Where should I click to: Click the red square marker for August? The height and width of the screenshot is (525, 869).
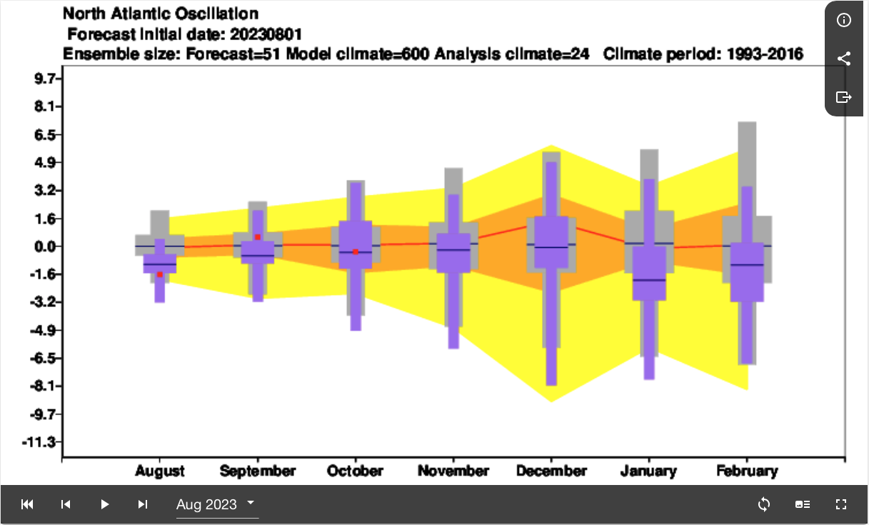(160, 274)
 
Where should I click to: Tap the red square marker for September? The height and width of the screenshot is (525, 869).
(258, 237)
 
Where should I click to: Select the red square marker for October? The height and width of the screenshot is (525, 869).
(356, 252)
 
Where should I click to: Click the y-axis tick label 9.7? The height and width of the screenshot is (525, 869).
(45, 79)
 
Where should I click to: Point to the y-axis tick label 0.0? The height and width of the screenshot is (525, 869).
(45, 246)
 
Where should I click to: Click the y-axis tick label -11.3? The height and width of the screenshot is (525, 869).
(39, 442)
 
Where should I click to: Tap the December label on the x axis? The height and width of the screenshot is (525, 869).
(551, 471)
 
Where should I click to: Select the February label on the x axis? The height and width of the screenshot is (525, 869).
(747, 471)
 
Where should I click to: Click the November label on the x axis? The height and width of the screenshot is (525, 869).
(453, 471)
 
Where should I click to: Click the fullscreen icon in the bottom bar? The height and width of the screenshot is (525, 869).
(841, 504)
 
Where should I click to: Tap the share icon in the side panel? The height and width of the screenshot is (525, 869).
(844, 59)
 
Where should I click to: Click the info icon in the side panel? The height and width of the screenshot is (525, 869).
(844, 20)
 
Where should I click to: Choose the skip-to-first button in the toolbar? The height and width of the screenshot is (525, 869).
(27, 504)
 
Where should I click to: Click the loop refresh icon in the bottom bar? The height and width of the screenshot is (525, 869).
(764, 504)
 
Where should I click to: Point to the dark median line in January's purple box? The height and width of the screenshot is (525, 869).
(649, 280)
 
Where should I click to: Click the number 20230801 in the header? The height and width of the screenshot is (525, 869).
(266, 34)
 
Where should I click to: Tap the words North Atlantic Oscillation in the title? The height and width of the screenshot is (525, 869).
(161, 14)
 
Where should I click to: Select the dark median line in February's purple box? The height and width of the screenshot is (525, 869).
(747, 264)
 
